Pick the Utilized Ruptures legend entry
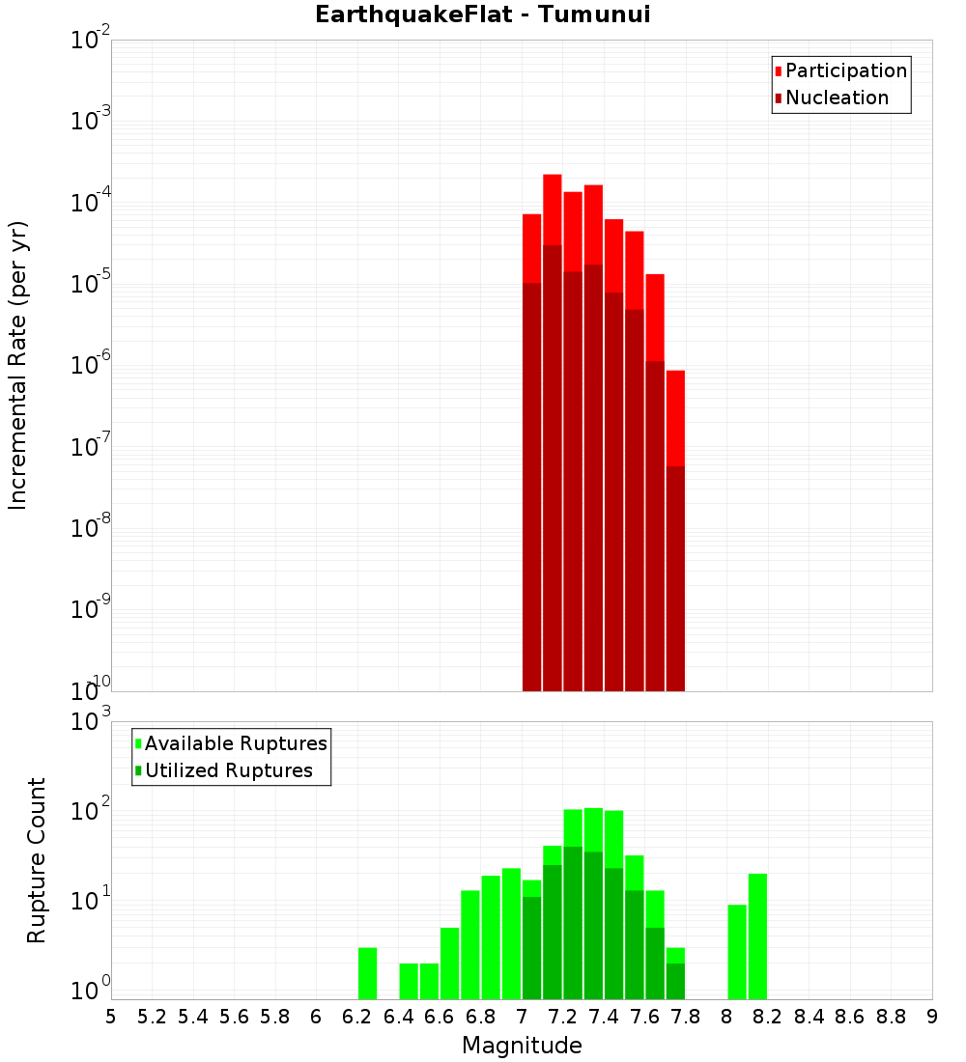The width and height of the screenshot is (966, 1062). coord(228,770)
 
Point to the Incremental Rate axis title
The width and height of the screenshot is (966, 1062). coord(18,365)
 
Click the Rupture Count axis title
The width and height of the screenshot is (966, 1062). coord(37,860)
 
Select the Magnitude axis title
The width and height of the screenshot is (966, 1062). coord(522,1046)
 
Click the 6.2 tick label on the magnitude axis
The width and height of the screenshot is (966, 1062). coord(357,1017)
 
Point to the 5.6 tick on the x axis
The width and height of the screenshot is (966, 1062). coord(234,1017)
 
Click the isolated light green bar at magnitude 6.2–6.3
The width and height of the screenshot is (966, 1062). coord(367,973)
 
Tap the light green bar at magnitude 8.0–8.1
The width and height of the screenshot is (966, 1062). coord(737,952)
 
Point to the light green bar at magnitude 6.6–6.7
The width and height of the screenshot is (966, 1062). coord(449,964)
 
